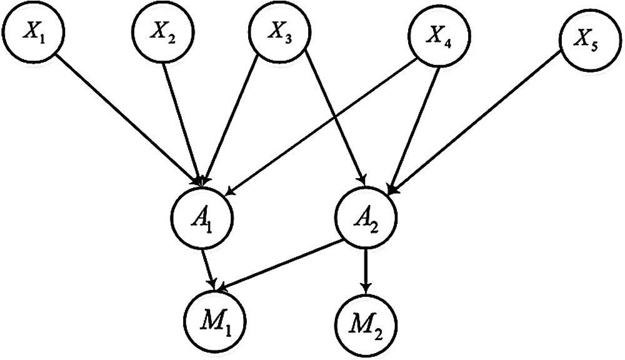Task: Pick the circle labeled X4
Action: [435, 37]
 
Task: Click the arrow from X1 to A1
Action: [128, 119]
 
